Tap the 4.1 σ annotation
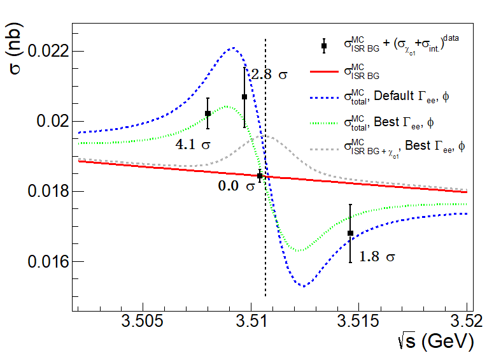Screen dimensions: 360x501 click(194, 145)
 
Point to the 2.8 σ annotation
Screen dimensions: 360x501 click(269, 75)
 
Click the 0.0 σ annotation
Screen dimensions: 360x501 click(236, 187)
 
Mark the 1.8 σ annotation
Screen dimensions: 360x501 click(378, 257)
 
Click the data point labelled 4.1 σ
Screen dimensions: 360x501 click(208, 113)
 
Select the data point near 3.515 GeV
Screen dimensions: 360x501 click(350, 233)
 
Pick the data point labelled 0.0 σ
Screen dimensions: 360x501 click(260, 175)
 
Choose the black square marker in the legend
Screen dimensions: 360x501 click(324, 45)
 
